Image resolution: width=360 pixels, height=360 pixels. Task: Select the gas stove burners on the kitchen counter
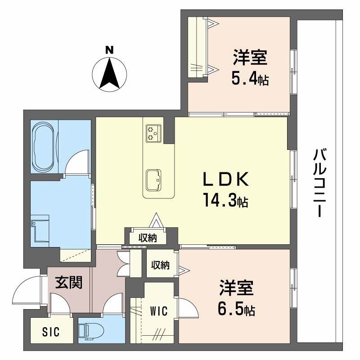(x=153, y=133)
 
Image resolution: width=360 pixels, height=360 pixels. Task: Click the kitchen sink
(x=153, y=180)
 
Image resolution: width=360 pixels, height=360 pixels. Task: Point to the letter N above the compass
(x=109, y=50)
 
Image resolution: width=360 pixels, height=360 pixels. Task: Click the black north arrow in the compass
(x=109, y=73)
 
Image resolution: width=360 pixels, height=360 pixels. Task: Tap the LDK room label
(x=226, y=179)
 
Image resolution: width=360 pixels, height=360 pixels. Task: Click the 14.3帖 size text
(x=226, y=200)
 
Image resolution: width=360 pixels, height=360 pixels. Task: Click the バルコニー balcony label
(x=320, y=183)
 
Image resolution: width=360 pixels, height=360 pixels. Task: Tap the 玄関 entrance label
(x=69, y=282)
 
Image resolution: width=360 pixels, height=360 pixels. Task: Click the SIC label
(x=51, y=332)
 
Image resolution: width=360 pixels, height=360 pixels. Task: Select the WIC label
(x=159, y=311)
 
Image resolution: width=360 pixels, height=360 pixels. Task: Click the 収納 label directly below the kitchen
(x=148, y=238)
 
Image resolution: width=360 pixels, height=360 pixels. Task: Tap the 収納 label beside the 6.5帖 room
(x=160, y=265)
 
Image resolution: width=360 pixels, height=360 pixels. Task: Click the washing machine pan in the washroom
(x=40, y=231)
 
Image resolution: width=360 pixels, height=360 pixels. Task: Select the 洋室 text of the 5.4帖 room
(x=250, y=57)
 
